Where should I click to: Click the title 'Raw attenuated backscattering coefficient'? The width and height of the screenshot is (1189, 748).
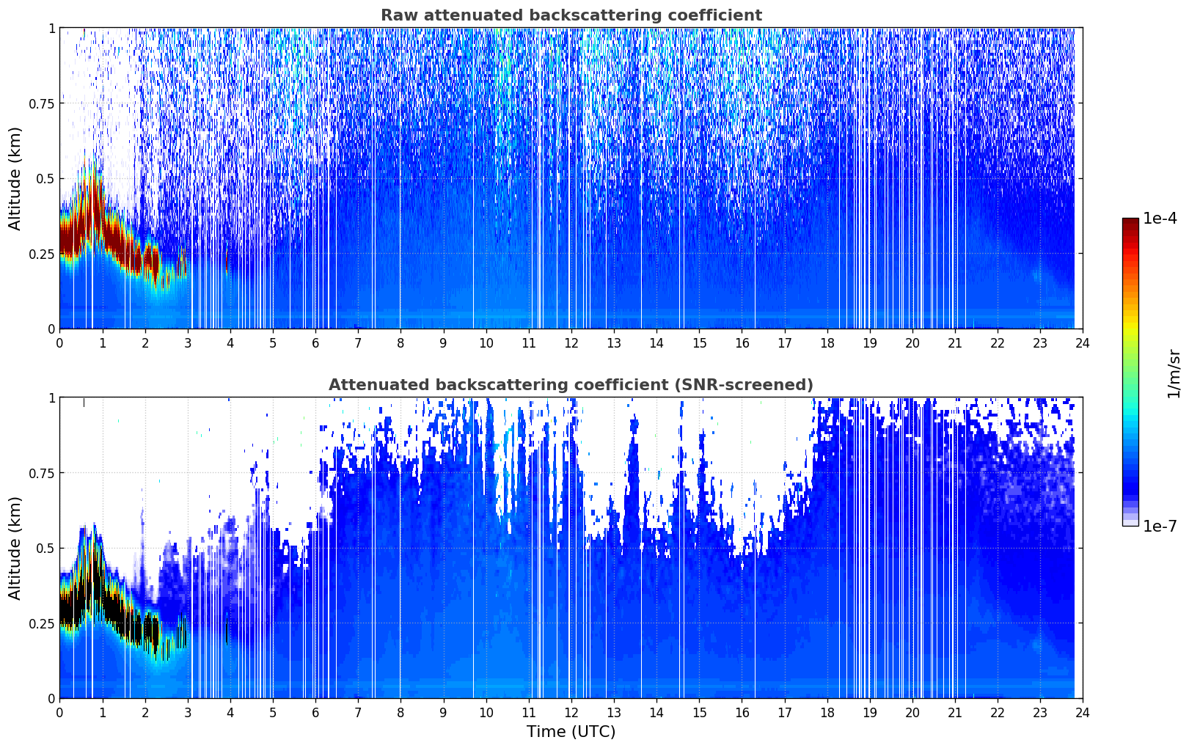[x=571, y=15]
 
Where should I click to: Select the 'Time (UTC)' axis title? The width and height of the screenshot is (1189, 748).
[x=571, y=732]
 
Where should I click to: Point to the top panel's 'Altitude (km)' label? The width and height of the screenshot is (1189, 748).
[x=15, y=179]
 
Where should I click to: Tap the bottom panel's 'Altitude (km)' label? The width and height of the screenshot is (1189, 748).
[x=15, y=548]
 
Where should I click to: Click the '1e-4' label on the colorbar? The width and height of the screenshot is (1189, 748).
[x=1160, y=218]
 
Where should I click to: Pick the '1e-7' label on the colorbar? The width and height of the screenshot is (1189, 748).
[x=1160, y=526]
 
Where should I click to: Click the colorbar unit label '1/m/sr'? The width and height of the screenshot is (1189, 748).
[x=1174, y=373]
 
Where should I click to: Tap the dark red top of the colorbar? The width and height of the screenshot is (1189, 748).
[x=1130, y=223]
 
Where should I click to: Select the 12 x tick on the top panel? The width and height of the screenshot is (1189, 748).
[x=571, y=343]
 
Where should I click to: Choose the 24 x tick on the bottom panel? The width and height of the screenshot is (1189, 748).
[x=1083, y=713]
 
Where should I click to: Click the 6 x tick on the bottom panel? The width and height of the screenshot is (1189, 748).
[x=315, y=713]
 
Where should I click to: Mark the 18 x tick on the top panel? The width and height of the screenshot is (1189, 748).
[x=827, y=343]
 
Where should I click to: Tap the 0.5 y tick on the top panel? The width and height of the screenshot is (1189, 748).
[x=45, y=179]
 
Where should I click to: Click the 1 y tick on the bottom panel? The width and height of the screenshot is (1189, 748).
[x=52, y=398]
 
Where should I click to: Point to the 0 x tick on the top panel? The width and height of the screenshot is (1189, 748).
[x=59, y=343]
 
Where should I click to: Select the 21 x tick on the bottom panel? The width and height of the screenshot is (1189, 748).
[x=955, y=713]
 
